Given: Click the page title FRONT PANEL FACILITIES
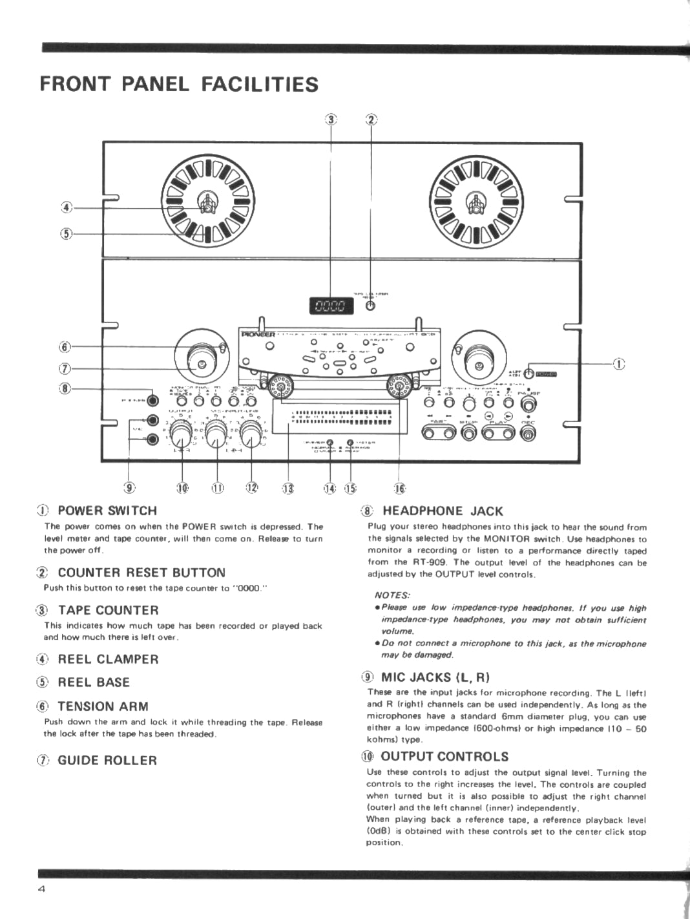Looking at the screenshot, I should coord(179,85).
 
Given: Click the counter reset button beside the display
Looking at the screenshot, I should coord(370,306).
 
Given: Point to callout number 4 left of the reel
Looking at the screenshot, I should coord(66,207).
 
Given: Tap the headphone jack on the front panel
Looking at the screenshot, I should coord(152,401).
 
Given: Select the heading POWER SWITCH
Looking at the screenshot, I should coord(107,511).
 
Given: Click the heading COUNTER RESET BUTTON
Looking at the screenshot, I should coord(141,573).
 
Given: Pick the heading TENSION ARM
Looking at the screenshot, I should coord(103,706).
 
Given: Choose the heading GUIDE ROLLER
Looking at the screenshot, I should coord(107,760).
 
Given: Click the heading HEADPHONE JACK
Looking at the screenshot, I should coord(443,511).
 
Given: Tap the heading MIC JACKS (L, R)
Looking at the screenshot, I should coord(435,677).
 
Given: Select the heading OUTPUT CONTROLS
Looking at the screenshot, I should coord(444,756).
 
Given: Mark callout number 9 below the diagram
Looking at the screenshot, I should coord(130,488).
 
